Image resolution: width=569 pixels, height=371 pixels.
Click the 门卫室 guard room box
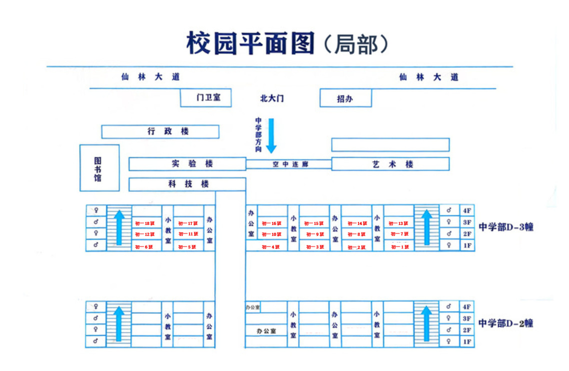(206, 98)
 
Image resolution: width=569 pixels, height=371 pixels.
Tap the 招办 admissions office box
(345, 98)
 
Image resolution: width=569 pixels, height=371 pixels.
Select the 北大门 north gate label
(272, 98)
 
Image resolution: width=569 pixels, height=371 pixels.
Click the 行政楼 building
(160, 131)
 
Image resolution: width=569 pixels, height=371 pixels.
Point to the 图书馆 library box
(99, 168)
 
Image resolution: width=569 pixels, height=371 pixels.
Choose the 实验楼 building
(187, 164)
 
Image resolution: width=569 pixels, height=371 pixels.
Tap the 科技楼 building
(187, 184)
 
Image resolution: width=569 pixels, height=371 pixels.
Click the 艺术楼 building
(390, 164)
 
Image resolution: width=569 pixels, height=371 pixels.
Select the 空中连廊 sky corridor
(289, 164)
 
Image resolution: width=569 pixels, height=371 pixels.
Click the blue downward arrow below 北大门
(271, 135)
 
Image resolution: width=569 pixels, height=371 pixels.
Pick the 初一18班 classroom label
(145, 223)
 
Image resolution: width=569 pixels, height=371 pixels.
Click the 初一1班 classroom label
(399, 247)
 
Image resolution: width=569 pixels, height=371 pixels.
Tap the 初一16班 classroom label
(272, 223)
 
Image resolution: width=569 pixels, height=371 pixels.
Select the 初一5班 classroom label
(187, 247)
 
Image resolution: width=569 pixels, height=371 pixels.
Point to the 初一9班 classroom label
(315, 234)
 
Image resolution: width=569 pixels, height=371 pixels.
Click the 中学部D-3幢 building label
(506, 227)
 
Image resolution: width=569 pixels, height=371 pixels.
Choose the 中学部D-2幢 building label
(506, 323)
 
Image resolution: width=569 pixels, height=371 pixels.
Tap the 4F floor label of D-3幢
(467, 210)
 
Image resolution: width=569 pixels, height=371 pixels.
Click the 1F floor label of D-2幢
(467, 341)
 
